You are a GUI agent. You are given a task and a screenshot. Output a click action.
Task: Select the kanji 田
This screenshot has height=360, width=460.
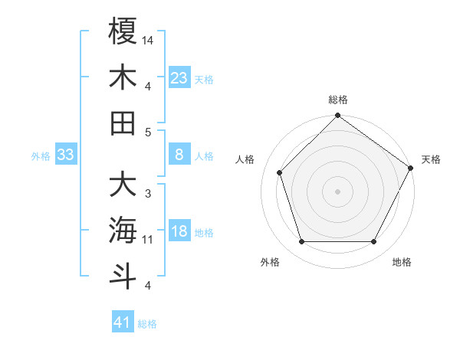click(123, 123)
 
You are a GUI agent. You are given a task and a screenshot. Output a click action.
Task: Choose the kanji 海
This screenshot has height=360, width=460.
click(123, 230)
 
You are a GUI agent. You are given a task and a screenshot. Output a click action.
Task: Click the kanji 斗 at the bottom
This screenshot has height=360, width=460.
click(123, 276)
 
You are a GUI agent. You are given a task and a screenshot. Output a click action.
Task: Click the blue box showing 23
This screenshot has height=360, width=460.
click(179, 77)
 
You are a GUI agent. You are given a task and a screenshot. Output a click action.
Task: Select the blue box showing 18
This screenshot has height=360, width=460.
click(179, 232)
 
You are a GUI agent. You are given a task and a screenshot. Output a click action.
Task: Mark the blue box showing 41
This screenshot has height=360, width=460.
click(123, 322)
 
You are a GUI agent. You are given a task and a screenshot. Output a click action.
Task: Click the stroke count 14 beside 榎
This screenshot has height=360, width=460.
click(149, 39)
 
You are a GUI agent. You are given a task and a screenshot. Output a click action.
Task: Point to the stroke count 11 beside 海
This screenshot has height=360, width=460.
click(148, 240)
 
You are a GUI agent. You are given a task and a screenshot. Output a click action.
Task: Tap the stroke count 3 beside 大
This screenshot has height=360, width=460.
click(147, 193)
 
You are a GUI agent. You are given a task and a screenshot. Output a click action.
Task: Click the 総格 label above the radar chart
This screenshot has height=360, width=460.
click(337, 100)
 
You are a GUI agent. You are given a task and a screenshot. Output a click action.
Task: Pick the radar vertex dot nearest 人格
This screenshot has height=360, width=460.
click(279, 172)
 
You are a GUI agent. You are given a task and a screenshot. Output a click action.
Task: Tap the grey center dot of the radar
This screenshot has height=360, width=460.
click(337, 191)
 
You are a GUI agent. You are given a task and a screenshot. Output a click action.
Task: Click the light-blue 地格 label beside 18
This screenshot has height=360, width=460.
click(204, 233)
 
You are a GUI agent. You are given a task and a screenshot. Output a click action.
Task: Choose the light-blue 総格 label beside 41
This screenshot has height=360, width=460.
click(147, 324)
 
